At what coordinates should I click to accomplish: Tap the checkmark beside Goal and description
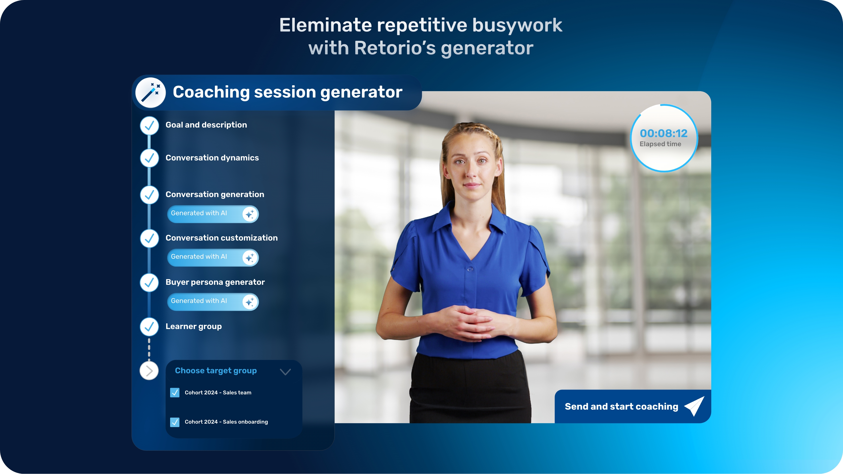[149, 126]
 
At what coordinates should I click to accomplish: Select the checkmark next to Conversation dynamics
[149, 158]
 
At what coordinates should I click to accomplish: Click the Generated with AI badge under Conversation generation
[213, 214]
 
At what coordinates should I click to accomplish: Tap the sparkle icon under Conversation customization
[250, 258]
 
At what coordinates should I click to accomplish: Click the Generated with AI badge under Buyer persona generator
[213, 302]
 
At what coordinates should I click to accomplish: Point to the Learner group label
[194, 327]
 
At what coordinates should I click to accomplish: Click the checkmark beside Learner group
[149, 327]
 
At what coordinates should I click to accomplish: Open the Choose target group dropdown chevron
[285, 372]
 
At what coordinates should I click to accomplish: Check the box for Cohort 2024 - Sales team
[175, 393]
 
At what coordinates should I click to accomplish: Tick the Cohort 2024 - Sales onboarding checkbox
[175, 422]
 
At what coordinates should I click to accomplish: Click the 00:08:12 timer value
[664, 133]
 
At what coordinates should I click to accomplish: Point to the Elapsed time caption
[660, 144]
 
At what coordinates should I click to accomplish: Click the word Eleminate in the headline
[325, 25]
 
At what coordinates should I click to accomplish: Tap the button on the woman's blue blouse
[470, 269]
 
